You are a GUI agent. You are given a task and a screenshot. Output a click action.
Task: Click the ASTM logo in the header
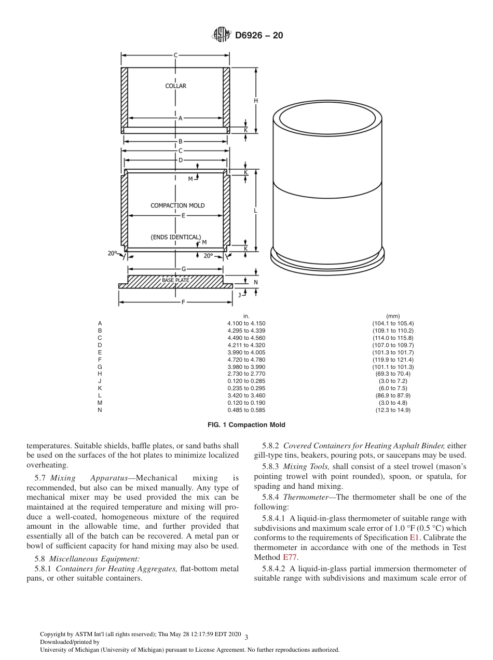click(x=221, y=35)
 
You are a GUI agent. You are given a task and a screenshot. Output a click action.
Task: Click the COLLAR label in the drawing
click(x=175, y=86)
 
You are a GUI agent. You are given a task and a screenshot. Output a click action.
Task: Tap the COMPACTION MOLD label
click(x=177, y=205)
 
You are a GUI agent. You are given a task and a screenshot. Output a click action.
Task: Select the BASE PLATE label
click(x=175, y=280)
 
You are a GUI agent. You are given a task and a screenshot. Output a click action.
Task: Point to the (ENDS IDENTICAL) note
click(x=175, y=237)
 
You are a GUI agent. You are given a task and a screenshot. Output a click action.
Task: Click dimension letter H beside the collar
click(x=255, y=100)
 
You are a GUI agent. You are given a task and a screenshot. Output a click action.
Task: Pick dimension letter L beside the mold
click(x=255, y=211)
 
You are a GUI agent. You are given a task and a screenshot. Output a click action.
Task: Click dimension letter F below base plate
click(x=183, y=301)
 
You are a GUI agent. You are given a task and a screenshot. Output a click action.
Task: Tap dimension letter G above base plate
click(x=183, y=269)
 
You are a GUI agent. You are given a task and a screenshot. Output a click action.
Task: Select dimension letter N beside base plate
click(x=255, y=282)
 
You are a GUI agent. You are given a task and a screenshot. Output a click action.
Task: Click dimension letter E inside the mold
click(x=183, y=215)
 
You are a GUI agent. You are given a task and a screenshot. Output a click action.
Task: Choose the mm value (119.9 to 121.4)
click(x=392, y=360)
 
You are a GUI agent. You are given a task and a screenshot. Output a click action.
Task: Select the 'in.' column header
click(x=246, y=316)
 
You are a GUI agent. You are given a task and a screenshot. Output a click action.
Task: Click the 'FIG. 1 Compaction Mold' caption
click(x=246, y=425)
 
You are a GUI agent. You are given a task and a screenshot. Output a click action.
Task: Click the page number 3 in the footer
click(x=246, y=637)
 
